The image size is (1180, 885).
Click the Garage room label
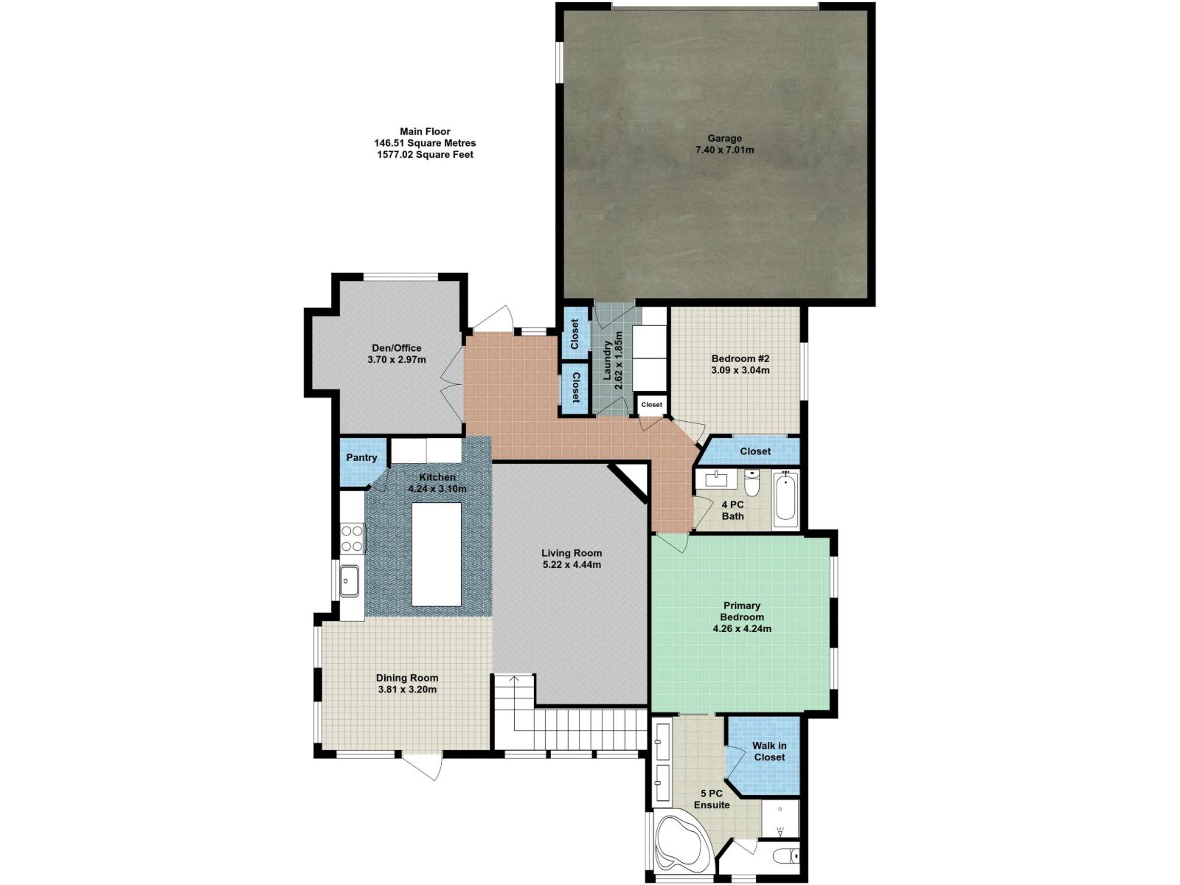click(x=724, y=139)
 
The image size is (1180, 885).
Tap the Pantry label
click(x=361, y=458)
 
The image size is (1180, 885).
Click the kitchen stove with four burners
click(x=352, y=538)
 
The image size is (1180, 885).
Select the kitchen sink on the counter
click(x=349, y=580)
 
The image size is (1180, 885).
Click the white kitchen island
click(x=436, y=553)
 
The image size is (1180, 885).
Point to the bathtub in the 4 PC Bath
click(x=785, y=501)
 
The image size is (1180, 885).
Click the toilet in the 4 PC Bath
click(x=752, y=485)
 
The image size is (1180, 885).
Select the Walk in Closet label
click(x=769, y=752)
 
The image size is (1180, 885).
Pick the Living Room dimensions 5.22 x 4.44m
click(x=572, y=565)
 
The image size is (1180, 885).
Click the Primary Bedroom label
click(x=742, y=611)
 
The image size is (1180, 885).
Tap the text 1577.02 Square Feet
click(x=425, y=155)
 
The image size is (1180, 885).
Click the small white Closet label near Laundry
click(x=651, y=405)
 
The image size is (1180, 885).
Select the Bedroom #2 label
click(x=740, y=358)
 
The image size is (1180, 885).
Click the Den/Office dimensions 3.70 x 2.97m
click(x=397, y=360)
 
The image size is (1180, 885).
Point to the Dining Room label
click(x=407, y=678)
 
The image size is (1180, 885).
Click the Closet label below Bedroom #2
click(x=754, y=451)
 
